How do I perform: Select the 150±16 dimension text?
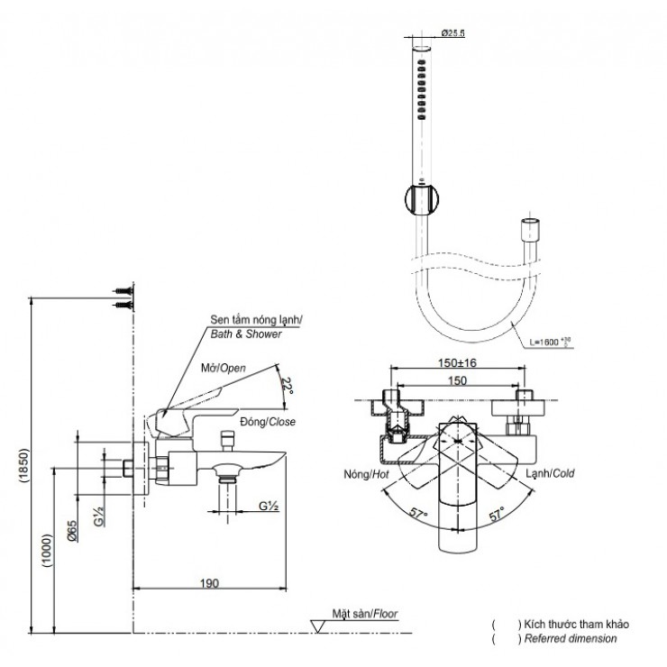tap(458, 362)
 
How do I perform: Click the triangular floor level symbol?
tap(319, 624)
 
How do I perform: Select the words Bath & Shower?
tap(246, 333)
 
